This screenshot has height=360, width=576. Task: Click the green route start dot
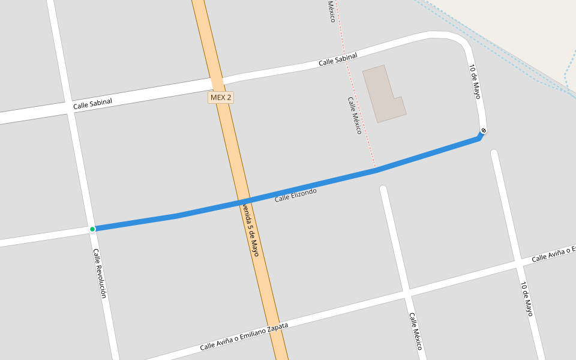(x=92, y=229)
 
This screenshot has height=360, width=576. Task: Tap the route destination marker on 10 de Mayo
(x=484, y=131)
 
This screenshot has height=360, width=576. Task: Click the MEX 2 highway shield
(x=221, y=97)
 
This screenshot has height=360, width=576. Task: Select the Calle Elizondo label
(x=295, y=194)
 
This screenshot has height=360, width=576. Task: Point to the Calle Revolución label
(x=100, y=273)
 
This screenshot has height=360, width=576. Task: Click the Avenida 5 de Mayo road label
(x=251, y=230)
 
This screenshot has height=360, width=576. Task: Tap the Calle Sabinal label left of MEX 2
(x=92, y=104)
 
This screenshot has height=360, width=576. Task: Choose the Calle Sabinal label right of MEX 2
(x=338, y=59)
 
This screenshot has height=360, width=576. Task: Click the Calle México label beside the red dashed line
(x=355, y=115)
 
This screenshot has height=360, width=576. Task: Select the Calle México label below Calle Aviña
(x=416, y=331)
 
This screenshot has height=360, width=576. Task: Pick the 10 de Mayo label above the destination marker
(x=475, y=82)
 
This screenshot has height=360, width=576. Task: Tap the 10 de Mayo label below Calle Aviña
(x=526, y=299)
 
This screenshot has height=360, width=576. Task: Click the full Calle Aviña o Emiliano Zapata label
(x=244, y=337)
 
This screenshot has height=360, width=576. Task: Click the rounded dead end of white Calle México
(x=383, y=190)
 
